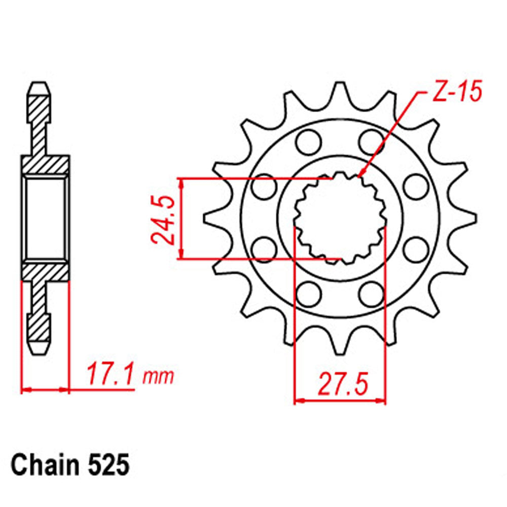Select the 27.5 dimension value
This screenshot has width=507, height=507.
pyautogui.click(x=341, y=384)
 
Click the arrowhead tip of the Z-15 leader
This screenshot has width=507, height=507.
pyautogui.click(x=360, y=176)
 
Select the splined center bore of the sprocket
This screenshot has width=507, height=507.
pyautogui.click(x=340, y=218)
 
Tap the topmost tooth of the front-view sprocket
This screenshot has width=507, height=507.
pyautogui.click(x=340, y=91)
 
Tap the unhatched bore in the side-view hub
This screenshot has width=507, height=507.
pyautogui.click(x=45, y=218)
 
